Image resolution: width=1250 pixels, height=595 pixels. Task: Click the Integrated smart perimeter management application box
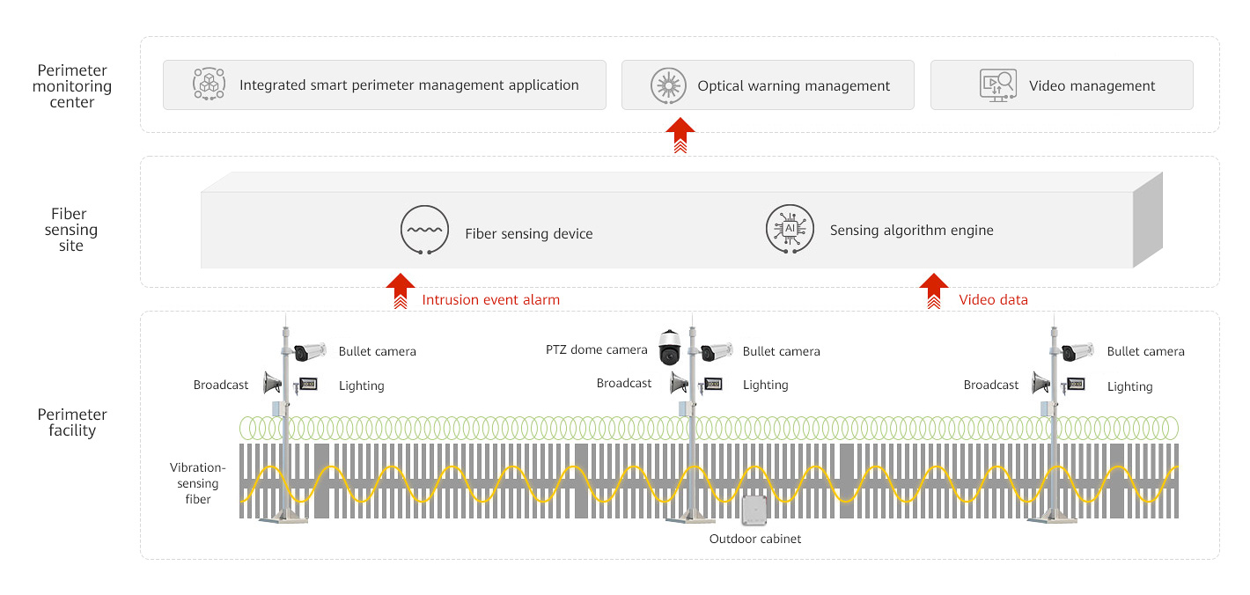point(384,85)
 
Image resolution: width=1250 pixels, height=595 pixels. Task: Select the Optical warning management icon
point(668,85)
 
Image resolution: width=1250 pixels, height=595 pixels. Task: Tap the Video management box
point(1061,85)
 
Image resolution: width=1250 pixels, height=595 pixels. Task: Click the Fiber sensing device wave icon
point(424,231)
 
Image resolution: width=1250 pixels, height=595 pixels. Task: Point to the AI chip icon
point(790,229)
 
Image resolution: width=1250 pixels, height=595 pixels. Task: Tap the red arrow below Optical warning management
point(680,136)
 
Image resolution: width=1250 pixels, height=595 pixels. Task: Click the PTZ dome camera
point(670,348)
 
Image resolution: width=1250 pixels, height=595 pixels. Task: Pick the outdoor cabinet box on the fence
point(754,511)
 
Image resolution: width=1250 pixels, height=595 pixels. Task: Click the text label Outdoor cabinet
point(755,539)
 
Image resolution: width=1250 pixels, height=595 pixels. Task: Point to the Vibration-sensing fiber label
point(197,483)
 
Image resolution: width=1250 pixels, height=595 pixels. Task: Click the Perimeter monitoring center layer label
point(72,86)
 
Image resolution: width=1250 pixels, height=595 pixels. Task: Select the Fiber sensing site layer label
point(71,230)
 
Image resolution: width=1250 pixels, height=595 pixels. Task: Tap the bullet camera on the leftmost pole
point(310,352)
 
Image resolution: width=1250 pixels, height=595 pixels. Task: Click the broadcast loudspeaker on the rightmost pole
point(1040,384)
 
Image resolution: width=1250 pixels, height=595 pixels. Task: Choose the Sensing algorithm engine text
point(911,231)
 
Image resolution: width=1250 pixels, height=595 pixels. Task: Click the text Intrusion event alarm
point(490,299)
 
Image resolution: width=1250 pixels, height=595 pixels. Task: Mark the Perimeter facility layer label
point(72,422)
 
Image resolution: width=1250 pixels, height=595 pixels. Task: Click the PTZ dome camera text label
point(596,350)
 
